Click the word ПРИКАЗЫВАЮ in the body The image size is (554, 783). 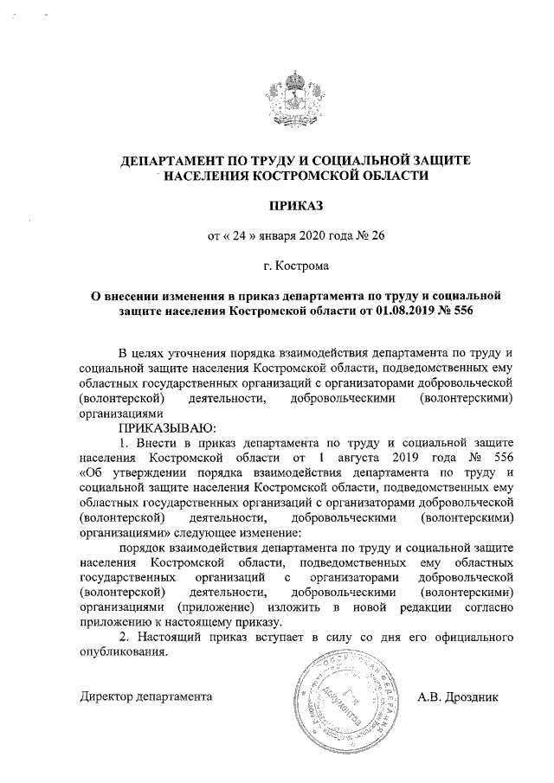[160, 427]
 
